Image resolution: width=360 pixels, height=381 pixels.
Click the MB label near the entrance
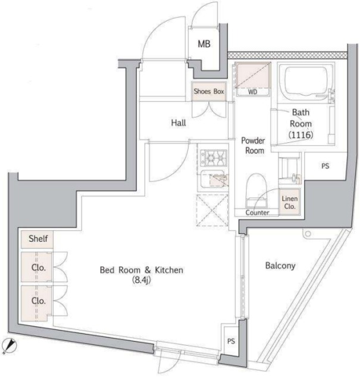coord(204,44)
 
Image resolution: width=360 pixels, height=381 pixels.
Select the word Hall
coord(178,123)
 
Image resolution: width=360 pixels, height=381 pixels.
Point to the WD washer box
coord(252,80)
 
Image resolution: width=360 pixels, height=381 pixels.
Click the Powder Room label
coord(252,146)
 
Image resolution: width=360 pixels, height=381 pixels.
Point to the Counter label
coord(258,213)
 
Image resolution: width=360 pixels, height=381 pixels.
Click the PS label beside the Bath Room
coord(325,167)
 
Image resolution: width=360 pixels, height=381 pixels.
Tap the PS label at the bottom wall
coord(231,342)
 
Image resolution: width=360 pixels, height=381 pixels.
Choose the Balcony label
coord(280,266)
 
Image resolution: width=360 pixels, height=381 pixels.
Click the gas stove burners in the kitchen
coord(213,158)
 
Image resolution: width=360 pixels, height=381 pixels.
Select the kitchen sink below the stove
coord(213,180)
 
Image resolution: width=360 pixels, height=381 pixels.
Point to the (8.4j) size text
coord(141,281)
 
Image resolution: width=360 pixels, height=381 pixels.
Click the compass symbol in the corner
coord(10,345)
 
